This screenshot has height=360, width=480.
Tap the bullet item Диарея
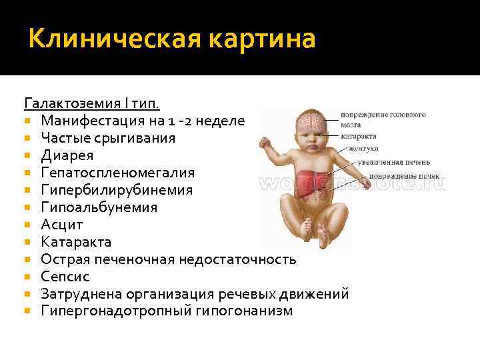(x=67, y=155)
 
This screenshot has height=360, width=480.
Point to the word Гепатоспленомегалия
(x=117, y=173)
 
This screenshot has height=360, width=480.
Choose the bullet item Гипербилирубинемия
(x=116, y=190)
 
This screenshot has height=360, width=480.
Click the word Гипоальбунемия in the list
(x=99, y=207)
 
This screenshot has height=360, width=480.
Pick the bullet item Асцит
(x=61, y=225)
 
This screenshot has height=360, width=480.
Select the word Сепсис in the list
(x=65, y=276)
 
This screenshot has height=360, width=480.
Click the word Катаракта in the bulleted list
(x=76, y=241)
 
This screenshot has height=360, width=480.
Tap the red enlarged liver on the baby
(x=317, y=181)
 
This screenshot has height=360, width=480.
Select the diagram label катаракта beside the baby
(x=358, y=137)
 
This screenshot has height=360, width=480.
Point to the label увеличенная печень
(x=393, y=161)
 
